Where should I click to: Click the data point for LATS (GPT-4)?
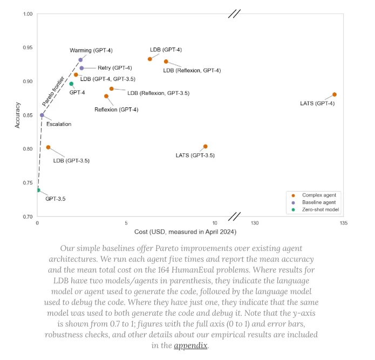click(335, 94)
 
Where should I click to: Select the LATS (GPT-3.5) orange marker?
click(206, 146)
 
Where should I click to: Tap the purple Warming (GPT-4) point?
click(80, 60)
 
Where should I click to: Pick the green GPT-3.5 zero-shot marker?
click(38, 190)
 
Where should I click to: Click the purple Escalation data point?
click(42, 115)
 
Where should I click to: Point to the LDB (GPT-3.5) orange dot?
click(48, 147)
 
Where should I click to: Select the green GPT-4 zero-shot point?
click(71, 84)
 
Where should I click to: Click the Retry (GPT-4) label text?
click(114, 68)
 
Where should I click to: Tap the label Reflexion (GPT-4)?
click(116, 110)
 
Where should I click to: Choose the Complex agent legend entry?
click(319, 195)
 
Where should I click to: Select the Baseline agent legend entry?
click(319, 202)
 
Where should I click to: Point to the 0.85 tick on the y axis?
click(27, 116)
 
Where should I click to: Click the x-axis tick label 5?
click(126, 223)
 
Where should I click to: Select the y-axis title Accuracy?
click(18, 116)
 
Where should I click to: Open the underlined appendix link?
click(190, 345)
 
